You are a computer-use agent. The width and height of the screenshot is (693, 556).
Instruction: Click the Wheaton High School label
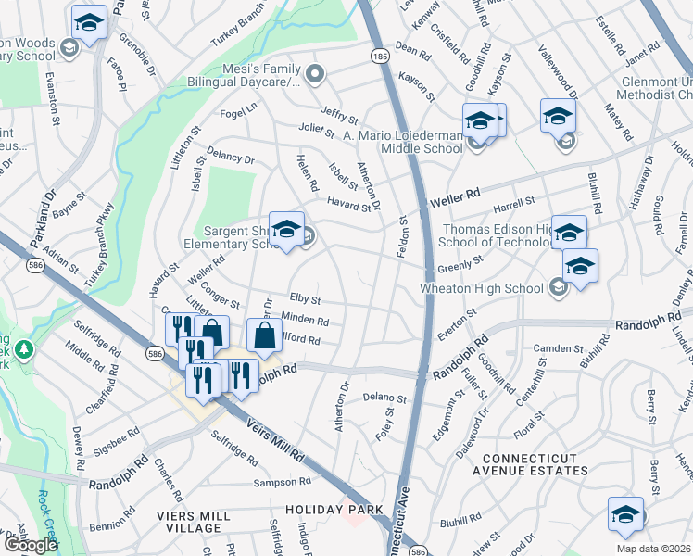[x=482, y=288]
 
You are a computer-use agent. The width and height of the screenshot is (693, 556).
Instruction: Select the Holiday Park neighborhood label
[x=321, y=510]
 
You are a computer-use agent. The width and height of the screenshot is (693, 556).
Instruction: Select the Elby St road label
[x=305, y=300]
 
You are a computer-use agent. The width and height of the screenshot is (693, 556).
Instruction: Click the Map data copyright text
[x=652, y=549]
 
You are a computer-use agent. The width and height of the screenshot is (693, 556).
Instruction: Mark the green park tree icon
[x=24, y=350]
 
